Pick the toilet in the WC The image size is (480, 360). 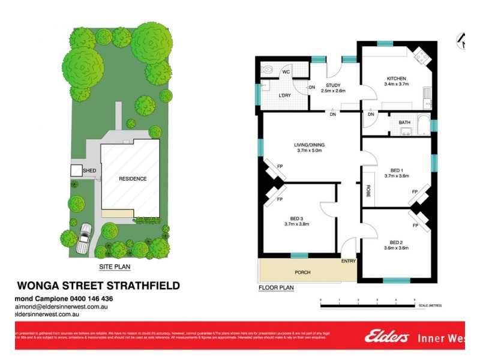pos(268,71)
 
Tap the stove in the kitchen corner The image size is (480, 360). pos(421,57)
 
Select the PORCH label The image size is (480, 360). pos(304,272)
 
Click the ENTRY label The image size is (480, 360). pos(349,261)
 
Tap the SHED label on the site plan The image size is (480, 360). pos(89,170)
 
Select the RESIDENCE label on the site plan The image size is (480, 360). pos(132,179)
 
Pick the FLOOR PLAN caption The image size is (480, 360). pos(276,288)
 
